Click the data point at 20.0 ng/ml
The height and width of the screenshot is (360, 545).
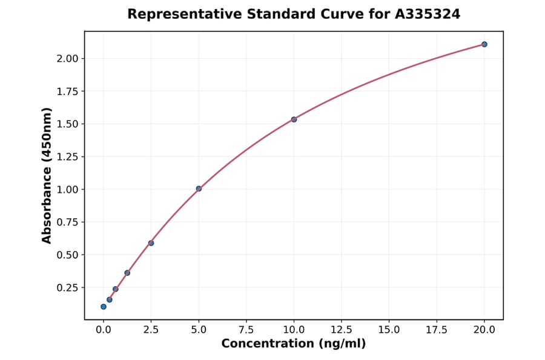pos(484,44)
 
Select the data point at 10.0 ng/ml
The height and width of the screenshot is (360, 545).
pos(294,119)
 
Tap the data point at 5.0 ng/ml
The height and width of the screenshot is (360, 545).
pos(199,188)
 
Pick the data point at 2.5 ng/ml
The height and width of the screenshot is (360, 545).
pos(151,243)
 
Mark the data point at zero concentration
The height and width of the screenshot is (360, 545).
pos(104,307)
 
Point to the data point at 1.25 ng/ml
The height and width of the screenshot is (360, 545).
pos(127,273)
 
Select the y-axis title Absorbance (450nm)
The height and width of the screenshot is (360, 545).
pos(47,175)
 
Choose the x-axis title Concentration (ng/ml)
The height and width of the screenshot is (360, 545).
pos(294,344)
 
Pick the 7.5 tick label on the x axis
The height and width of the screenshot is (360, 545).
pos(246,330)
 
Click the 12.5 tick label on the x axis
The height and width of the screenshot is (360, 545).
pos(341,330)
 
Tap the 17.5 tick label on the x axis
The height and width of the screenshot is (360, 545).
pos(437,330)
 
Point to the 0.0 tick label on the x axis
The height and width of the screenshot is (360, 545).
pos(104,330)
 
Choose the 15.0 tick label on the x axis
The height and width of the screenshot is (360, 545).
pos(389,330)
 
